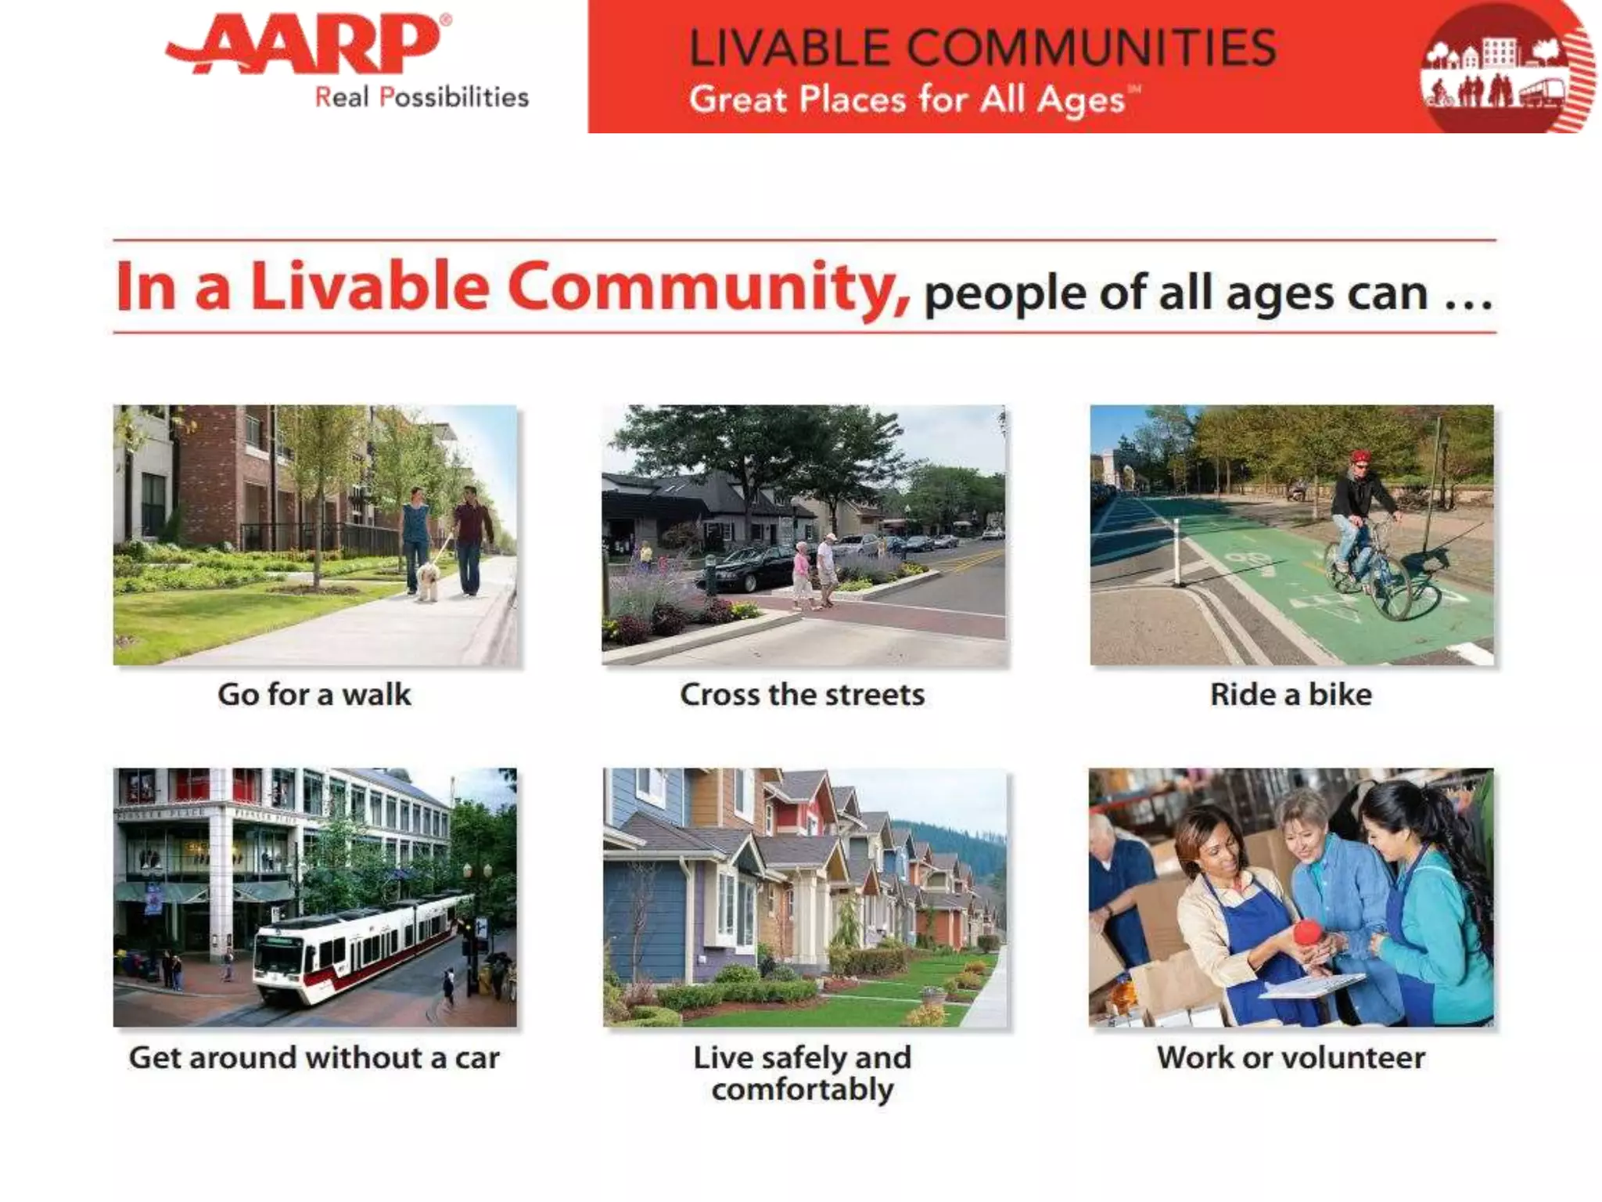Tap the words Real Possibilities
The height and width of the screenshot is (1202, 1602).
(422, 98)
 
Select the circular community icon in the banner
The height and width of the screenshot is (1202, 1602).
(1503, 69)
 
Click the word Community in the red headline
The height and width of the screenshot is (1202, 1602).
(708, 287)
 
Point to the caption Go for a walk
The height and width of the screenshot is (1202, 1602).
(314, 695)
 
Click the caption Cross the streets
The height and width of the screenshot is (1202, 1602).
(802, 695)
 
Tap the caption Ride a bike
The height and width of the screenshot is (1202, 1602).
(1291, 695)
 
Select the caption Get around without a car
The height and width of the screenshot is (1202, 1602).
(314, 1058)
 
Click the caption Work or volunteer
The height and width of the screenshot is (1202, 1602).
(1291, 1058)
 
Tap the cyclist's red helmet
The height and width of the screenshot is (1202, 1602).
(1360, 457)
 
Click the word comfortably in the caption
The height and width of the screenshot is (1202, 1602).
(802, 1090)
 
